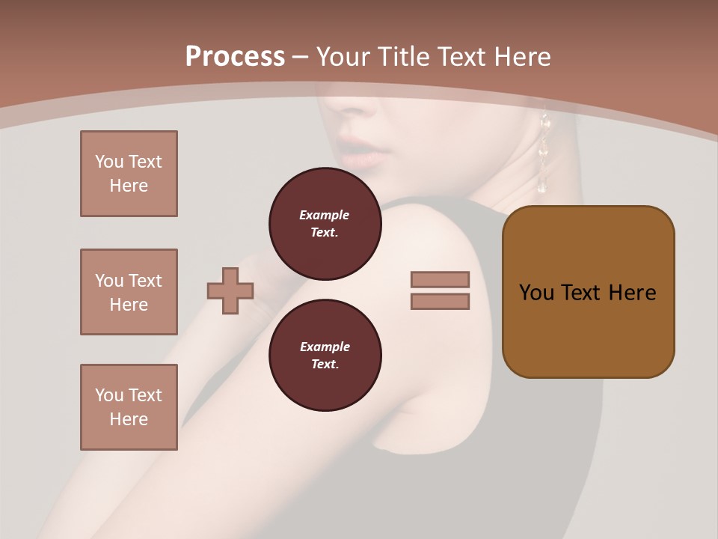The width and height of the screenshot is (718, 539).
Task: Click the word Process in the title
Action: pos(235,56)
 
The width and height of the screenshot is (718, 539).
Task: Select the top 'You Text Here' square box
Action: pos(129,174)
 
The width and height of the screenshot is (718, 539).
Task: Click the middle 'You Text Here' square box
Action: pos(129,292)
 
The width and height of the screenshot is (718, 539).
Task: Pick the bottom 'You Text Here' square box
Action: pos(129,407)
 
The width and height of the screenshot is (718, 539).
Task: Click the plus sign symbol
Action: pos(230,291)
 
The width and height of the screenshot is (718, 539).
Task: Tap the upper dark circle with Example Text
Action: pos(325,224)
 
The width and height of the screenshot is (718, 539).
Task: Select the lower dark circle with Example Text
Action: pos(325,356)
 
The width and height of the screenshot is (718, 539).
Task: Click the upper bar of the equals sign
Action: pos(441,279)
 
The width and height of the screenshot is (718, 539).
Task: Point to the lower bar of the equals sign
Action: pos(441,302)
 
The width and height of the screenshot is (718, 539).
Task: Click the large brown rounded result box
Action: pos(588,292)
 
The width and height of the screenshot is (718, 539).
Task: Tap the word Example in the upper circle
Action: pos(325,215)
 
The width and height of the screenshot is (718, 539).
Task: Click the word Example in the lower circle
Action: pos(325,347)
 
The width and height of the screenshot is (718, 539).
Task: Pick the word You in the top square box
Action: pos(109,162)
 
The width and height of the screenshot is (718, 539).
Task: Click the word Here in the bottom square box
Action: pos(129,419)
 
